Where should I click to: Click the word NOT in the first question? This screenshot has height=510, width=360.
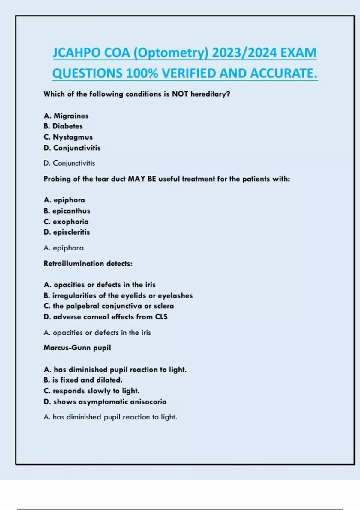[x=180, y=94]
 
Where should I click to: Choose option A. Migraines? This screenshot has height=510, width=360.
[x=66, y=116]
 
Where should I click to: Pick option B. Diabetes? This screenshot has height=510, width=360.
[x=63, y=126]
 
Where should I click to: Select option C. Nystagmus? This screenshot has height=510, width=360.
[x=68, y=137]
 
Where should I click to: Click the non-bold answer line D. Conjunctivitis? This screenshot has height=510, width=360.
[x=69, y=163]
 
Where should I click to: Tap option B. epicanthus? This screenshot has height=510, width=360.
[x=67, y=211]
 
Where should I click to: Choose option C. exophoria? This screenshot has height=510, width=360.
[x=66, y=222]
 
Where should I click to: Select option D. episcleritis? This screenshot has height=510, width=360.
[x=67, y=232]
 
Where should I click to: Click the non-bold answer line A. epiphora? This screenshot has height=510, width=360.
[x=64, y=248]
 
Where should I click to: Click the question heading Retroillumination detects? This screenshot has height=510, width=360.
[x=88, y=264]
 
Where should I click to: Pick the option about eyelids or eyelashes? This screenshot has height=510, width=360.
[x=118, y=296]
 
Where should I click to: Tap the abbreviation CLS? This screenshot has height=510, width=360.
[x=161, y=317]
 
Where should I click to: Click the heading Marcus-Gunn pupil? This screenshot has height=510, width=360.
[x=77, y=348]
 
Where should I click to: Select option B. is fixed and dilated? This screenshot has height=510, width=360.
[x=83, y=380]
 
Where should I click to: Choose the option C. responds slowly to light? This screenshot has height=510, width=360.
[x=91, y=391]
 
